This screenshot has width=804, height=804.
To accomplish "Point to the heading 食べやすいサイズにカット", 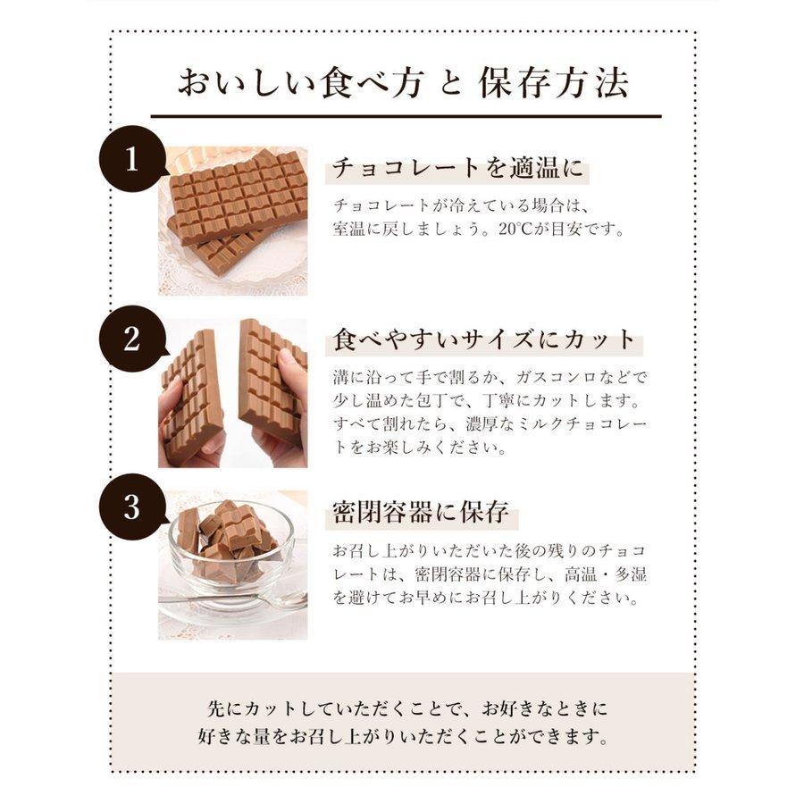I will [x=484, y=340].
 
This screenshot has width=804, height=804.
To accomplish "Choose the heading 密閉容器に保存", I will [x=420, y=513].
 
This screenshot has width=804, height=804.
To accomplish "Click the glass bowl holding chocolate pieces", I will [x=230, y=549].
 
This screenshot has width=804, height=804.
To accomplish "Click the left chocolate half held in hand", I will [x=192, y=398].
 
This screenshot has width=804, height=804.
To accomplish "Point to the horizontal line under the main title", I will [x=406, y=116].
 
